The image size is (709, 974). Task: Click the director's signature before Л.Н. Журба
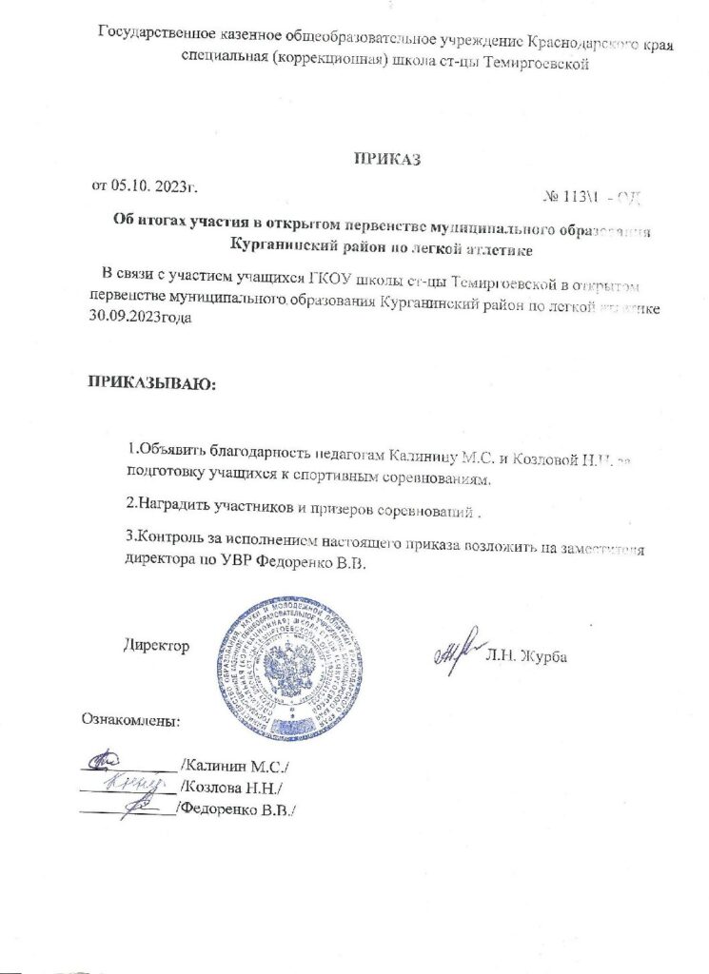(x=455, y=653)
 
